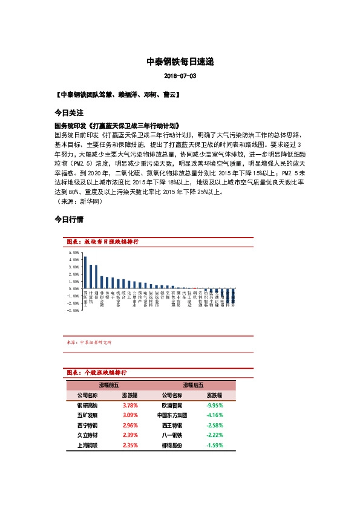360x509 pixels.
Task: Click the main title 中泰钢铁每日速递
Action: coord(180,62)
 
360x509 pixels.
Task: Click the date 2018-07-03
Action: coord(180,77)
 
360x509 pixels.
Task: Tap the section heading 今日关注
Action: coord(68,113)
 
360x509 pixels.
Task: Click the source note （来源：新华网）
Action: coord(79,201)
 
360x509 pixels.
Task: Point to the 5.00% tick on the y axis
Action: coord(74,252)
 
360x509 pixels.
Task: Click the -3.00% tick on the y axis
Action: coord(74,310)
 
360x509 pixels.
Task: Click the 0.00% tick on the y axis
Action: coord(74,288)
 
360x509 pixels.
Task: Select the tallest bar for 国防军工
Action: coord(85,272)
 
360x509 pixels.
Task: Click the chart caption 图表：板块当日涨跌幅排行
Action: coord(102,241)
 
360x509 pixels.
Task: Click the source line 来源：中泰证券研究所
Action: coord(92,342)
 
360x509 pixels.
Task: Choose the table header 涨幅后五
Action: coord(193,384)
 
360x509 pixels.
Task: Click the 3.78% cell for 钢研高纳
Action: coord(130,405)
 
